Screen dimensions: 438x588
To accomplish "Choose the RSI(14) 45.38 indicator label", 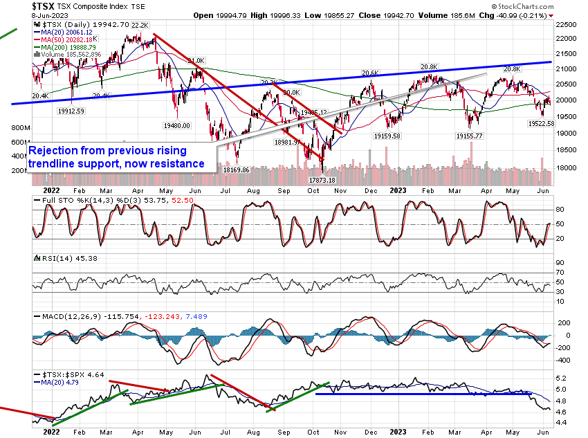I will point(57,257).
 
